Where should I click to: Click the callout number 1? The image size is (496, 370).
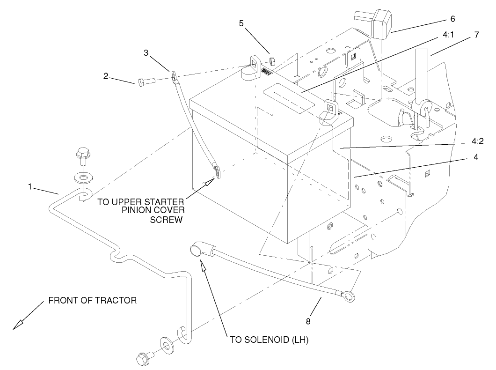click(30, 187)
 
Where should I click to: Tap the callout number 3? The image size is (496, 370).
click(146, 52)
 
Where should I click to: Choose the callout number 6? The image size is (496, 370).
click(452, 19)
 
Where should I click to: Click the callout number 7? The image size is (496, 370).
click(476, 35)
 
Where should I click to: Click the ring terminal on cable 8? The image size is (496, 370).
click(349, 296)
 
